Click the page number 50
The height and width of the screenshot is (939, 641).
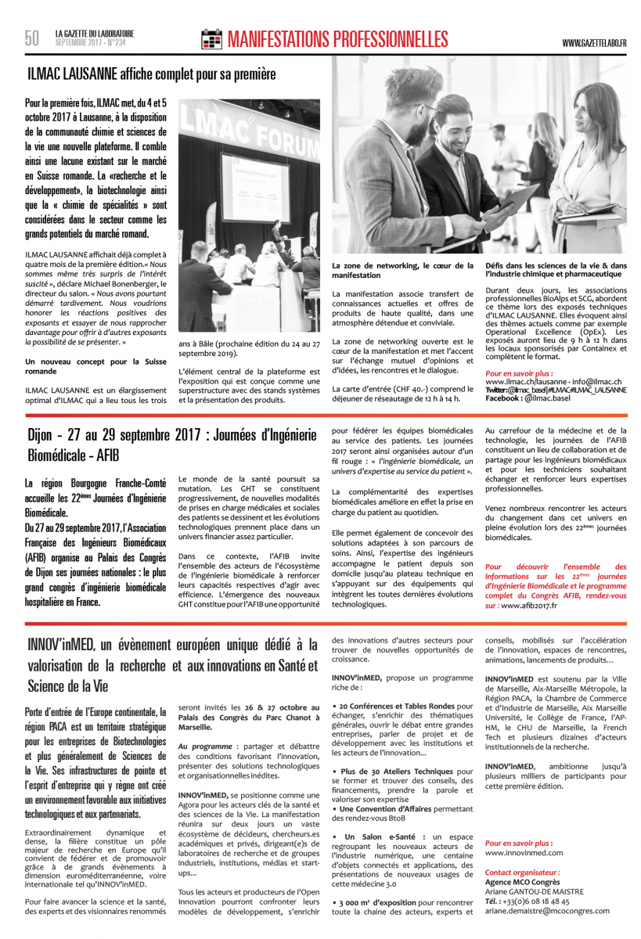(x=31, y=38)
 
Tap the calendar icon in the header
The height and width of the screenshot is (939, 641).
(x=211, y=39)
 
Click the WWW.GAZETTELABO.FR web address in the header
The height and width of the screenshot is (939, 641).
(x=594, y=42)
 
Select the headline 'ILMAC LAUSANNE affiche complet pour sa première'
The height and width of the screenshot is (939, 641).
(x=151, y=75)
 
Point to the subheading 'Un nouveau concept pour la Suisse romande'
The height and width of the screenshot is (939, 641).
(x=95, y=366)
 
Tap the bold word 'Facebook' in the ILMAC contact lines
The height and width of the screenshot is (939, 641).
(x=504, y=398)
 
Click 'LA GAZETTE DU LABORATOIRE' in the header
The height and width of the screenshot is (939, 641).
(x=95, y=34)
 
